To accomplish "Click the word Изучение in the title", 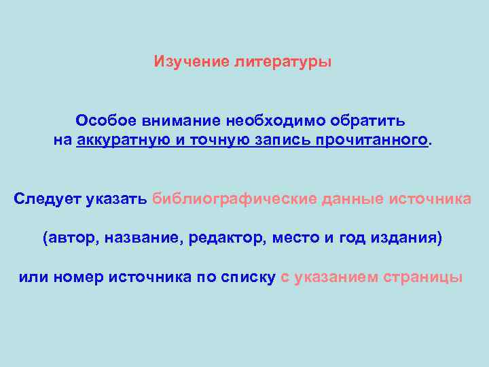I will (192, 63).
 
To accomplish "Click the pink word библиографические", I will (235, 199).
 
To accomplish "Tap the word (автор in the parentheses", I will (64, 239).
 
